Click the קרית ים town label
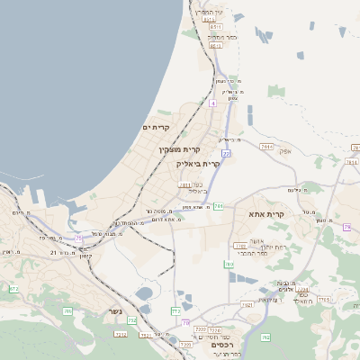(156, 129)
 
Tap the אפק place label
(285, 151)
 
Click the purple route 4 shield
(212, 103)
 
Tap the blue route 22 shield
(227, 155)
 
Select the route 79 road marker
(346, 227)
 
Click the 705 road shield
(67, 310)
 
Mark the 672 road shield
(13, 289)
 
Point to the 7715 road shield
(324, 299)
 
